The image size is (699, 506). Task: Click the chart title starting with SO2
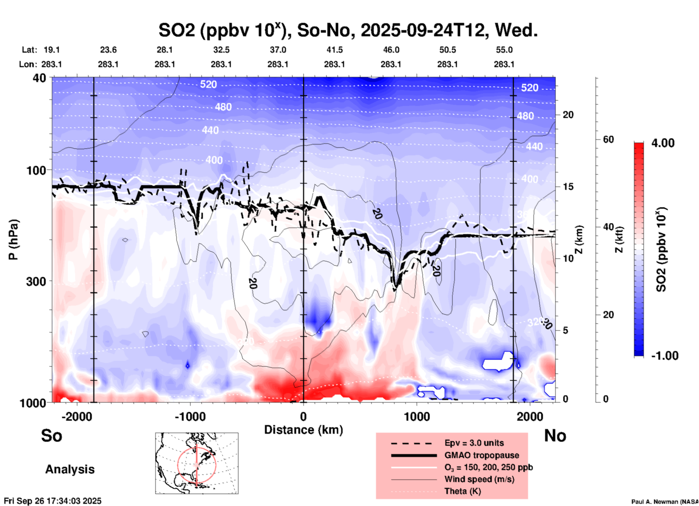348,30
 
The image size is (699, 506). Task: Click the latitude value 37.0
278,50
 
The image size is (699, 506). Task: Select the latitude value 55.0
504,50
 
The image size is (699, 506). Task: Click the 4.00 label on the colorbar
663,143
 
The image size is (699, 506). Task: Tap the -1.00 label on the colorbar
665,356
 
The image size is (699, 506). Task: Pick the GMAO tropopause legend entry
482,455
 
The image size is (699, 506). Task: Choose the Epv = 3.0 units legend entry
474,443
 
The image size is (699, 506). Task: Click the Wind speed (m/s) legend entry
479,479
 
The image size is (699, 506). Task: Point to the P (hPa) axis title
13,240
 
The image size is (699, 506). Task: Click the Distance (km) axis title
303,430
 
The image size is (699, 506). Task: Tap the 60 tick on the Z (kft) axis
608,140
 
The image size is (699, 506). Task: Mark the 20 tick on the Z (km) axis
568,115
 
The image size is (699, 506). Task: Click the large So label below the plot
52,436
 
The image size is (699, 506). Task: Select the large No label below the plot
555,436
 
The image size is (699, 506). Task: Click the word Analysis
70,469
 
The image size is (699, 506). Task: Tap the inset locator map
197,463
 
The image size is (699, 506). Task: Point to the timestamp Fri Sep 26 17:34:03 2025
53,501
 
